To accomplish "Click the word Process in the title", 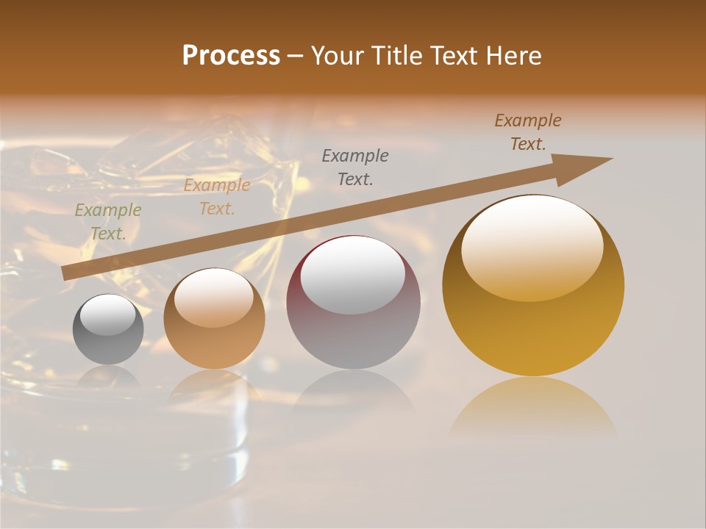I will pos(231,56).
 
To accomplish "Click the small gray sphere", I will pos(108,329).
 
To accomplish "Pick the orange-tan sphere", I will pos(214,319).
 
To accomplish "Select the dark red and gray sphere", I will pos(353,303).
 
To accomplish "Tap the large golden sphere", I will pos(533,285).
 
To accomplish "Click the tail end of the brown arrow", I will pos(66,273).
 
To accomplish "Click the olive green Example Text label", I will pos(107,222).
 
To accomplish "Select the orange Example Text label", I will pos(216,197).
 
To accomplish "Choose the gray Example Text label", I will pos(355,167).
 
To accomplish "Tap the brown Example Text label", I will pos(527,132).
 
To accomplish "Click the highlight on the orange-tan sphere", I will pos(214,297).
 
